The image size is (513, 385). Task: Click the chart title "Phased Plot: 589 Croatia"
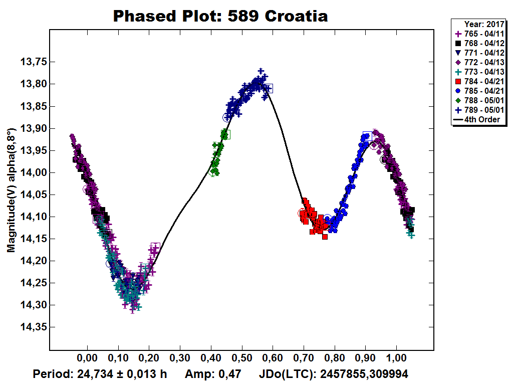pos(220,16)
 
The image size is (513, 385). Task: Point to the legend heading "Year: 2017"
pos(482,24)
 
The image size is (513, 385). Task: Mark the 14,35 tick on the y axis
pos(31,327)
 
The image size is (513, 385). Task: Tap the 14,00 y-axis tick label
pos(31,172)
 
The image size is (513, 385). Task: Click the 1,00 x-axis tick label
pos(396,360)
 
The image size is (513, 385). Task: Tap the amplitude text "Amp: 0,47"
pos(213,374)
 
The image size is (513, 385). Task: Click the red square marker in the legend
pos(457,81)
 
